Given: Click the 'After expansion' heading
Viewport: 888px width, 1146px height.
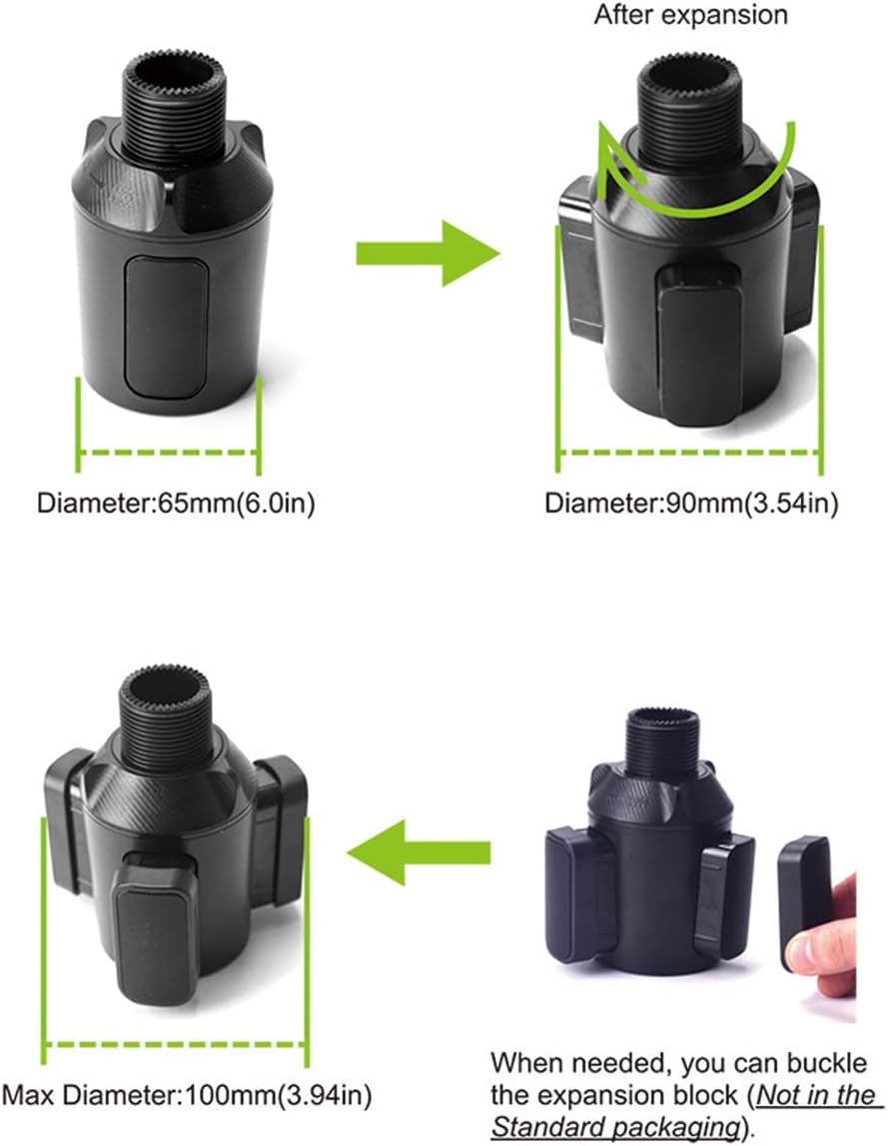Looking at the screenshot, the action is click(x=690, y=15).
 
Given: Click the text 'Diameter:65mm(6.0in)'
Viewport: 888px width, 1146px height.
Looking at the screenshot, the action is click(x=176, y=503).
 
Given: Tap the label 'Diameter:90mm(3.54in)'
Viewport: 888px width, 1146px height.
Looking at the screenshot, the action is click(x=691, y=503).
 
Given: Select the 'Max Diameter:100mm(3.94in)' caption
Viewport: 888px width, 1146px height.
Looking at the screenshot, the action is click(x=187, y=1095).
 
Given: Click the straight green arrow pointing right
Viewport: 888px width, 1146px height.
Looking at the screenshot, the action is click(x=429, y=254).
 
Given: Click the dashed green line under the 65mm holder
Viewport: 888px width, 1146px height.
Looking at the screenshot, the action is click(x=168, y=453).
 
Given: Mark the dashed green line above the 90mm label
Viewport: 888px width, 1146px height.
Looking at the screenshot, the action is click(x=690, y=453).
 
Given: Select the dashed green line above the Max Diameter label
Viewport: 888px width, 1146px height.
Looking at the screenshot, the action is click(x=176, y=1044).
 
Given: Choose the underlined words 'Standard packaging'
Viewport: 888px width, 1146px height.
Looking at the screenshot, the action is click(x=615, y=1126).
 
